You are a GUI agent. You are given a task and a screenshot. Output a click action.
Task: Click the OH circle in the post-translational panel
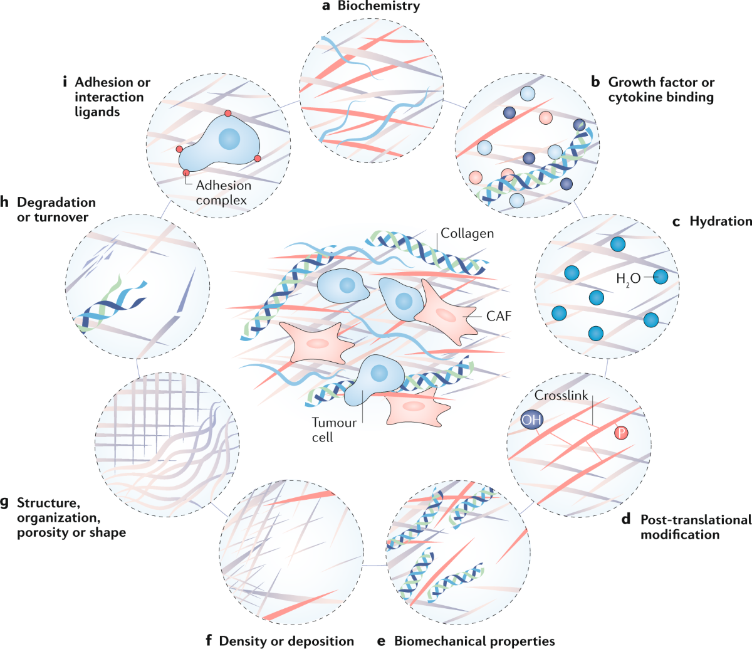coord(531,420)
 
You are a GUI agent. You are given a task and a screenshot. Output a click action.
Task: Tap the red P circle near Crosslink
coord(621,432)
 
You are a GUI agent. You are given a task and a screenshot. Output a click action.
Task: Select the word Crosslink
coord(561,396)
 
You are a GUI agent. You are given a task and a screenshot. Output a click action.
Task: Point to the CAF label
coord(499,316)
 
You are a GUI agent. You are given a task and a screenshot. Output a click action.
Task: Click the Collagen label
coord(467,233)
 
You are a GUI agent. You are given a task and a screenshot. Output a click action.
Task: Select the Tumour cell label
coord(334,430)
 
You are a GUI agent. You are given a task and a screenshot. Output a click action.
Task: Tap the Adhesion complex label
coord(223,193)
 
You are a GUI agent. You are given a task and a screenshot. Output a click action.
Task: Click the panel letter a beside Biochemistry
coord(325,7)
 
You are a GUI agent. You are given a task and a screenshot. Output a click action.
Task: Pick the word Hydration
coord(721,221)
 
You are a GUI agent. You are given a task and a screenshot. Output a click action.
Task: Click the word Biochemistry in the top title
coord(379,7)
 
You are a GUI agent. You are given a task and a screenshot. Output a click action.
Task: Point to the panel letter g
coord(8,504)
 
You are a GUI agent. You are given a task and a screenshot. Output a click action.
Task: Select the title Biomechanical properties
coord(474,641)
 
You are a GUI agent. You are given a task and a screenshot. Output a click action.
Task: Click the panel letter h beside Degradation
coord(8,203)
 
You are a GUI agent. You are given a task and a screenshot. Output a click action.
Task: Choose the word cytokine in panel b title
coord(634,97)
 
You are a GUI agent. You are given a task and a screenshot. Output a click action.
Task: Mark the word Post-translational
coord(696,520)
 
